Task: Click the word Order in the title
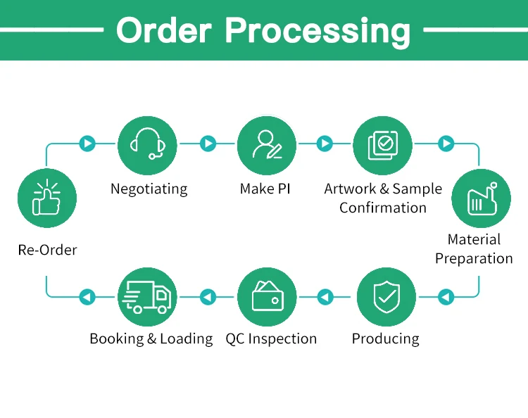[x=163, y=31]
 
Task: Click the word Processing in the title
[x=318, y=31]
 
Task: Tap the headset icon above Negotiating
[x=148, y=144]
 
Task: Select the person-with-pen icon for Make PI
[x=266, y=144]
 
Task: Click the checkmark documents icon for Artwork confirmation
[x=382, y=144]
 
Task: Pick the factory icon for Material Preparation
[x=480, y=198]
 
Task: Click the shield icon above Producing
[x=385, y=296]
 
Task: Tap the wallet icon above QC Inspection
[x=268, y=296]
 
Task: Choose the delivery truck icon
[x=148, y=296]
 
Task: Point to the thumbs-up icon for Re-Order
[x=47, y=198]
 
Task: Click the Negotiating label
[x=149, y=189]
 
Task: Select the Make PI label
[x=265, y=189]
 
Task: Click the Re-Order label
[x=47, y=250]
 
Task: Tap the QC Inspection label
[x=271, y=338]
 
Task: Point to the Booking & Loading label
[x=151, y=338]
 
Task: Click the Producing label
[x=385, y=338]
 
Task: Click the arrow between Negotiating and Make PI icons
[x=207, y=144]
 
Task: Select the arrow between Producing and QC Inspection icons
[x=325, y=297]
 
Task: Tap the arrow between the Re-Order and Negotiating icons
[x=87, y=144]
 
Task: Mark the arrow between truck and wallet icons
[x=207, y=297]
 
